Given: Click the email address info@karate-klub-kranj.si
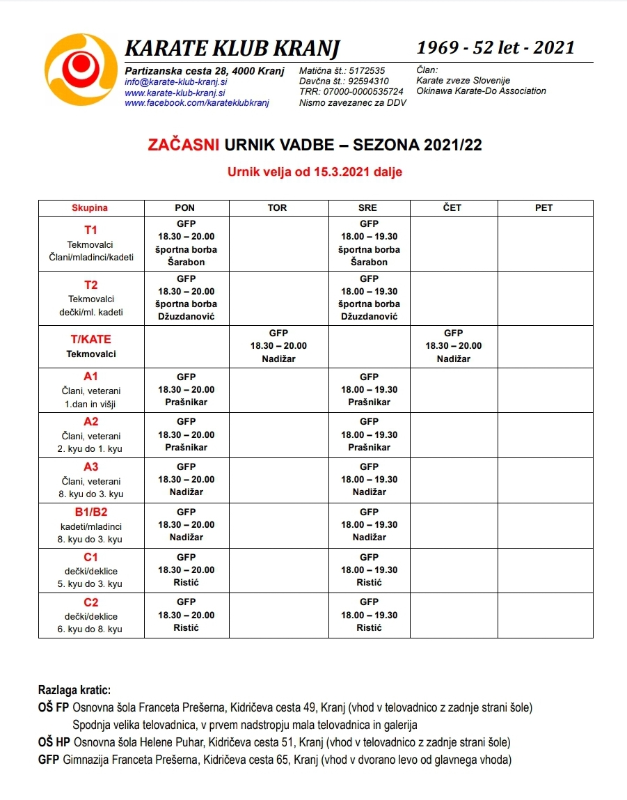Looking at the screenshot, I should point(175,81).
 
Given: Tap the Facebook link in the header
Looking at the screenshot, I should point(196,103).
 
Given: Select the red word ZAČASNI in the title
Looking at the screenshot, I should point(184,146).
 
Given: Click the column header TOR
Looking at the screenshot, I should point(277,207).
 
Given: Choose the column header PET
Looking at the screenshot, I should point(543,207).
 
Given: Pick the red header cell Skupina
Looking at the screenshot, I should point(90,207).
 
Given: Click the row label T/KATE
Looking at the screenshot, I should point(90,340).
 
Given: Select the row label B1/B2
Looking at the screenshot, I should point(90,512).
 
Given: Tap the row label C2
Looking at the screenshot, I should point(90,602).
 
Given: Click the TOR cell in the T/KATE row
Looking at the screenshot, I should point(278,346).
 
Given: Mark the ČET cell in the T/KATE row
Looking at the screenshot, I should point(453,346).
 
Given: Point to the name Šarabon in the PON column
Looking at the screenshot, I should point(186,262).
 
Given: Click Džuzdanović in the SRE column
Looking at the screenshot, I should point(369,316).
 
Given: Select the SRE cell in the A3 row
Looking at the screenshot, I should point(369,479).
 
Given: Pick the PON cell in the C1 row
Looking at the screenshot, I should point(186,570).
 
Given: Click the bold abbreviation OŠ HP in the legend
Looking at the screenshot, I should point(54,741).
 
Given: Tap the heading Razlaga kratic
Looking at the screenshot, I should point(74,690).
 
